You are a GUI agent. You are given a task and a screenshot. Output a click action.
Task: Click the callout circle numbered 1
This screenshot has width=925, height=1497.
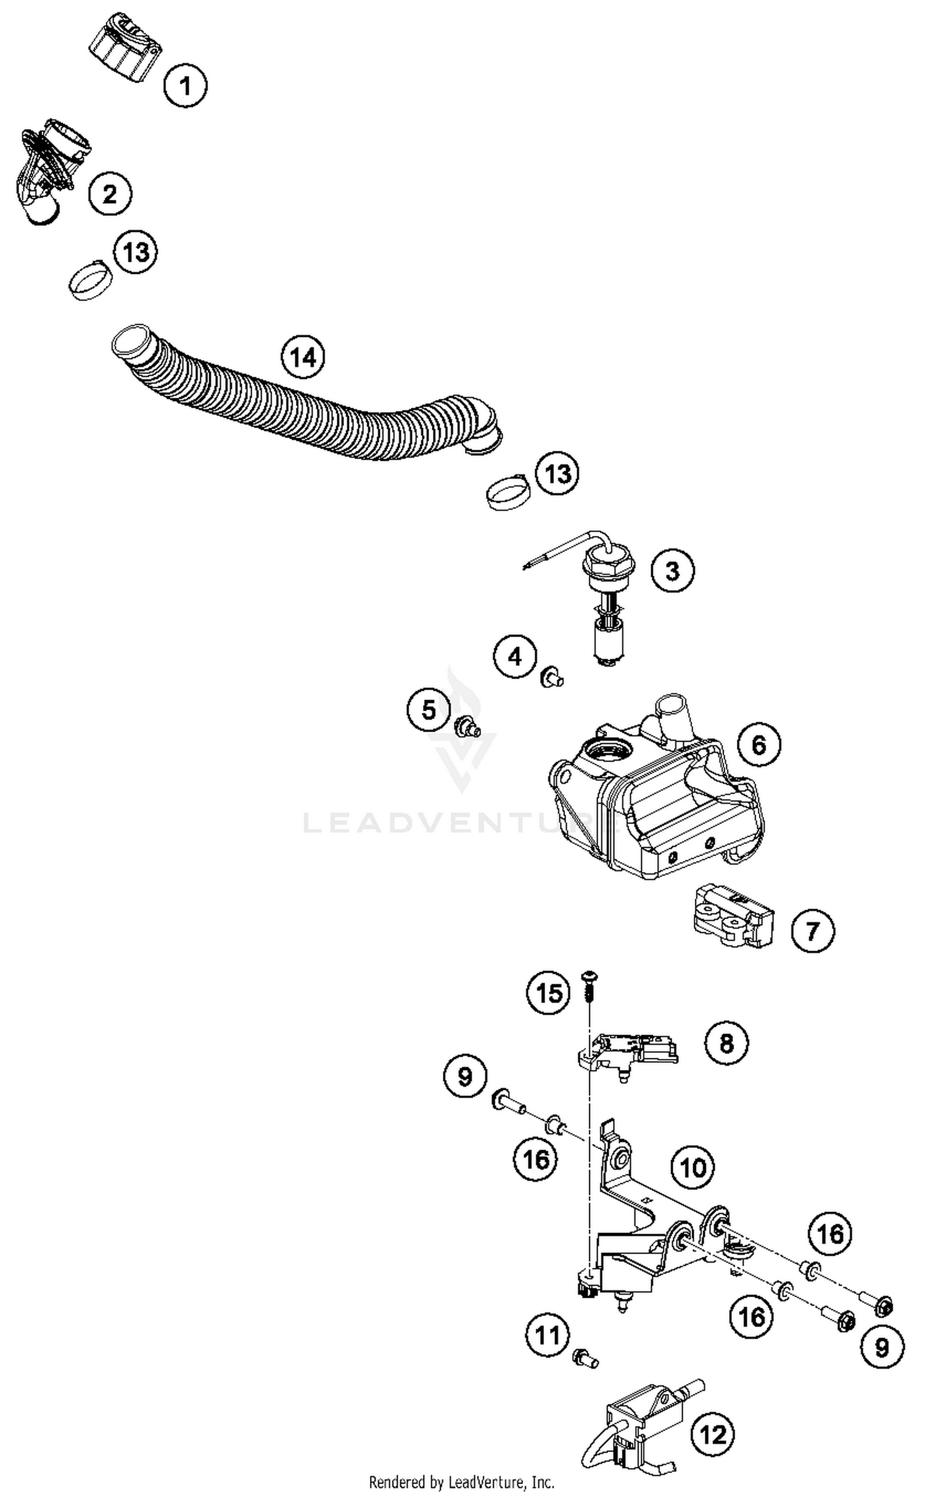tap(185, 85)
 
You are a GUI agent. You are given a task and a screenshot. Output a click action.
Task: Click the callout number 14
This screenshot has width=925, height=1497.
tap(303, 357)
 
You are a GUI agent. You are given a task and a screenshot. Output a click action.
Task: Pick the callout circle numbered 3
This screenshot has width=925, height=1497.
tap(672, 570)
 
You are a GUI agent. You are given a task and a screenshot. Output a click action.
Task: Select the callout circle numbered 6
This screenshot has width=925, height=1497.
tap(758, 744)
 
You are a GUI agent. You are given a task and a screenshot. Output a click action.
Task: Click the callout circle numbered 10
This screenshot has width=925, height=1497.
tap(693, 1167)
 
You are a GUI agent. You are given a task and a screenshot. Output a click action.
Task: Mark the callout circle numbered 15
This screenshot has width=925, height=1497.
tap(548, 993)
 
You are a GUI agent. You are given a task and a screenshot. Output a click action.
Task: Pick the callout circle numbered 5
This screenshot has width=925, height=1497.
tap(428, 709)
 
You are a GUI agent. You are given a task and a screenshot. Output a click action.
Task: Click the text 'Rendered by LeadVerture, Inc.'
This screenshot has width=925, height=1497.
tap(461, 1481)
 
